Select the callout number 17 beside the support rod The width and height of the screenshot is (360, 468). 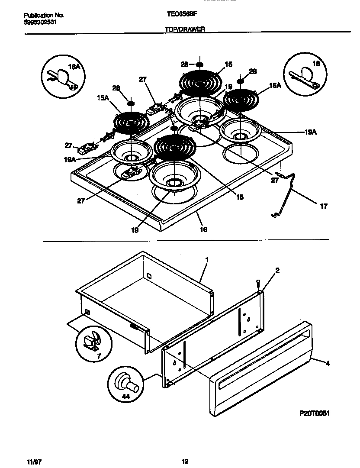coord(324,207)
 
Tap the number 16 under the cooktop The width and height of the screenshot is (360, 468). coord(203,229)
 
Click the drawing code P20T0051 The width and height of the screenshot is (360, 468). coord(315,413)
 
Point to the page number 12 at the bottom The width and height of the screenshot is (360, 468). coord(185,461)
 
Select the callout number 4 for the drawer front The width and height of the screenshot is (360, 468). coord(328,364)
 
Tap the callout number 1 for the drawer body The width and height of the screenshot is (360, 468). coord(207,259)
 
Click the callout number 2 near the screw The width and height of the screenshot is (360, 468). coord(277,271)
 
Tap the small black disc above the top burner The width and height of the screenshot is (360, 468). coord(199,65)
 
